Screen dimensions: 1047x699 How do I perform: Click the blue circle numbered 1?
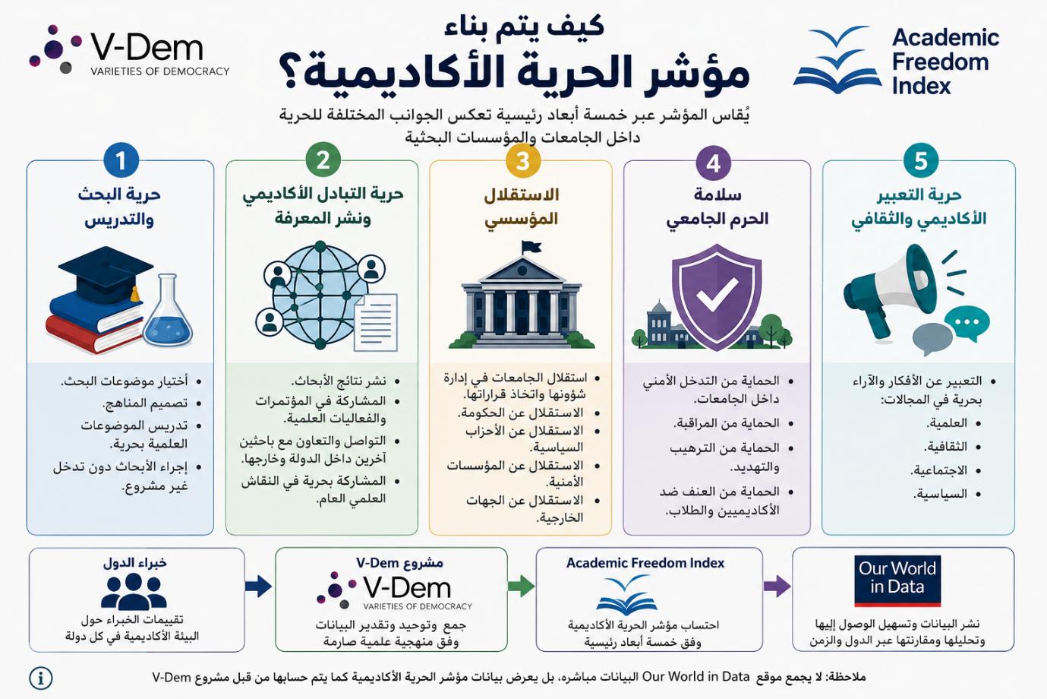point(121,160)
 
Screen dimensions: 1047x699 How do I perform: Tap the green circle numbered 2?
point(323,160)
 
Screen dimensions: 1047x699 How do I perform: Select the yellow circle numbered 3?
point(523,160)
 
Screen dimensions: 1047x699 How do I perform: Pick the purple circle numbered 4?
point(713,163)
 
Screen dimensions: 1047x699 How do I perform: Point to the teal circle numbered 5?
point(921,160)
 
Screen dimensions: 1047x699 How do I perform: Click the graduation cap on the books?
point(106,274)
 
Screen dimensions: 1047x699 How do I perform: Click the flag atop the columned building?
point(531,247)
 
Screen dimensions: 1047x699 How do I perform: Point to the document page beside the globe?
point(375,322)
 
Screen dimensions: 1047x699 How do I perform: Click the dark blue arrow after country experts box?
point(258,586)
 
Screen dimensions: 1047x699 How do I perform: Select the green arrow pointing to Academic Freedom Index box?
point(521,586)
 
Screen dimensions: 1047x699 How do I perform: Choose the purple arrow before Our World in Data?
point(777,586)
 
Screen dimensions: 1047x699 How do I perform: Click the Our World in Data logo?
point(897,581)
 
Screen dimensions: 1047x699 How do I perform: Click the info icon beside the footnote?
point(41,678)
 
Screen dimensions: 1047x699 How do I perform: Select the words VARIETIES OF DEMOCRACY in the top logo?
point(160,71)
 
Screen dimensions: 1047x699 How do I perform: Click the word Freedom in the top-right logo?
point(941,62)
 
